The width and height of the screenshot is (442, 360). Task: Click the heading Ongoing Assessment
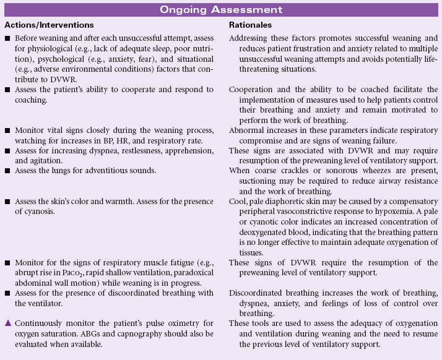point(220,10)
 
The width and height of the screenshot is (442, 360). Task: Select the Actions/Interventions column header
point(49,25)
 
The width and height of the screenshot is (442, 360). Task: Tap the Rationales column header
point(251,25)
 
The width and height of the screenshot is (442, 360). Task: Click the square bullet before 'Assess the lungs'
point(7,170)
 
